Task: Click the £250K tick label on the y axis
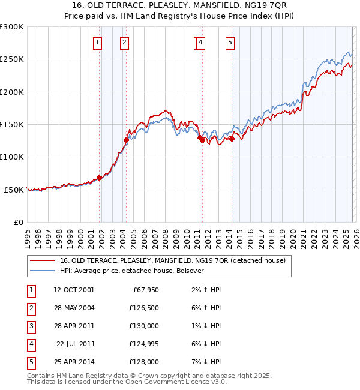click(x=12, y=59)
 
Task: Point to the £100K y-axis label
click(x=12, y=157)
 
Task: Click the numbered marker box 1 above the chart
click(x=97, y=42)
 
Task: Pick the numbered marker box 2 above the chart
click(x=124, y=42)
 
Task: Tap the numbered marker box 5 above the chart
click(x=230, y=42)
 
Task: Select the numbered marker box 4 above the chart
click(x=200, y=42)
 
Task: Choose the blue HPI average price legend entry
click(x=132, y=271)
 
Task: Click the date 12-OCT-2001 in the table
click(x=74, y=290)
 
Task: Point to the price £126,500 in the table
click(x=144, y=308)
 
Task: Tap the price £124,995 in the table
click(x=144, y=344)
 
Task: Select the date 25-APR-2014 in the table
click(x=74, y=362)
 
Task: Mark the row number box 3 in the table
click(x=30, y=326)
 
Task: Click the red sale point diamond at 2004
click(x=126, y=140)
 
